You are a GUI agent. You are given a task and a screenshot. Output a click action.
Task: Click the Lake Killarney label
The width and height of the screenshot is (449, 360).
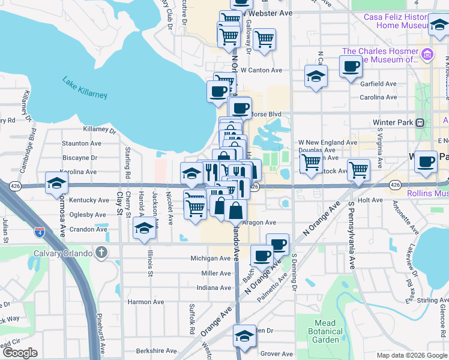pyautogui.click(x=85, y=87)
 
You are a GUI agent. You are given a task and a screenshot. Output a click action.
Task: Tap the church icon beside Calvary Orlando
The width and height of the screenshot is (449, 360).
pyautogui.click(x=102, y=253)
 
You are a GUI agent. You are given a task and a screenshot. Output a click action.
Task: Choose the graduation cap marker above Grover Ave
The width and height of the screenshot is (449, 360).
pyautogui.click(x=244, y=337)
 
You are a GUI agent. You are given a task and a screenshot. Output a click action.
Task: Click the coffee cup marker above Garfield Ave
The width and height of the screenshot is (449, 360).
pyautogui.click(x=351, y=66)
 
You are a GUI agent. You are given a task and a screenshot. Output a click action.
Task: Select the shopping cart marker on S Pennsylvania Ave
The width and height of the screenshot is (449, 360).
pyautogui.click(x=358, y=169)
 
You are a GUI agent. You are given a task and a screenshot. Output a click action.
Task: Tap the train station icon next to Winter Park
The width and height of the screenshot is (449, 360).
pyautogui.click(x=420, y=122)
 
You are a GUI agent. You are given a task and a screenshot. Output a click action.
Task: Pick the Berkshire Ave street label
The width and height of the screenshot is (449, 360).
pyautogui.click(x=156, y=351)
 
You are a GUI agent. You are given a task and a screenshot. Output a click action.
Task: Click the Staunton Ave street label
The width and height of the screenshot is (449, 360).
pyautogui.click(x=82, y=143)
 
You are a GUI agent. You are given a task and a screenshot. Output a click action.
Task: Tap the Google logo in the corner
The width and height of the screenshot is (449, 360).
pyautogui.click(x=19, y=352)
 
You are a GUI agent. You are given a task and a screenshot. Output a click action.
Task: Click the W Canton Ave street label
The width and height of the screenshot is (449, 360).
pyautogui.click(x=261, y=70)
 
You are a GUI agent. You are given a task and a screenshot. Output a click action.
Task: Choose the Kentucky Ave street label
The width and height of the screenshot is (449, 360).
pyautogui.click(x=89, y=200)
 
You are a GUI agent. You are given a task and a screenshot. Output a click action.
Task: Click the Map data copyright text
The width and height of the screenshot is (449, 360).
pyautogui.click(x=411, y=355)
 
